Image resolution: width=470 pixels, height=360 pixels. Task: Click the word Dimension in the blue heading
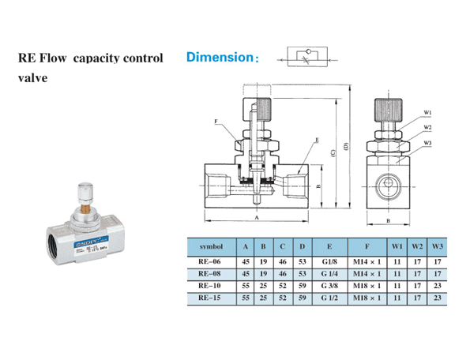[x=218, y=58]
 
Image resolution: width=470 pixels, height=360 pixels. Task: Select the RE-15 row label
[x=211, y=298]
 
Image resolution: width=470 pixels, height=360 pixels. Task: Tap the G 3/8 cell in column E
[x=329, y=285]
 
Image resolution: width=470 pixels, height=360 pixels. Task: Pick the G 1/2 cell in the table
[x=329, y=298]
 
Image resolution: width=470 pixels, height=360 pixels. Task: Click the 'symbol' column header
[x=211, y=246]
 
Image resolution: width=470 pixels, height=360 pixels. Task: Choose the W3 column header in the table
[x=438, y=246]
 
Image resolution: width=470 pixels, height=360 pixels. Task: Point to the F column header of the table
[x=367, y=246]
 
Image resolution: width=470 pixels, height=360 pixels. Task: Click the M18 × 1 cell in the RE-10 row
[x=367, y=285]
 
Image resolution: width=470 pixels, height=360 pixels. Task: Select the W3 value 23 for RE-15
[x=438, y=298]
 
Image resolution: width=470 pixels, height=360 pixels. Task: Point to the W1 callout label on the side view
[x=427, y=111]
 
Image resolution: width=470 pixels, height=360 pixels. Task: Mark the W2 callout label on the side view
[x=427, y=127]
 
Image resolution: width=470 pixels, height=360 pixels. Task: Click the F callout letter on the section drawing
[x=216, y=122]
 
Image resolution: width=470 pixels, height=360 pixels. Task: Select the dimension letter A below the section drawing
[x=258, y=216]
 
